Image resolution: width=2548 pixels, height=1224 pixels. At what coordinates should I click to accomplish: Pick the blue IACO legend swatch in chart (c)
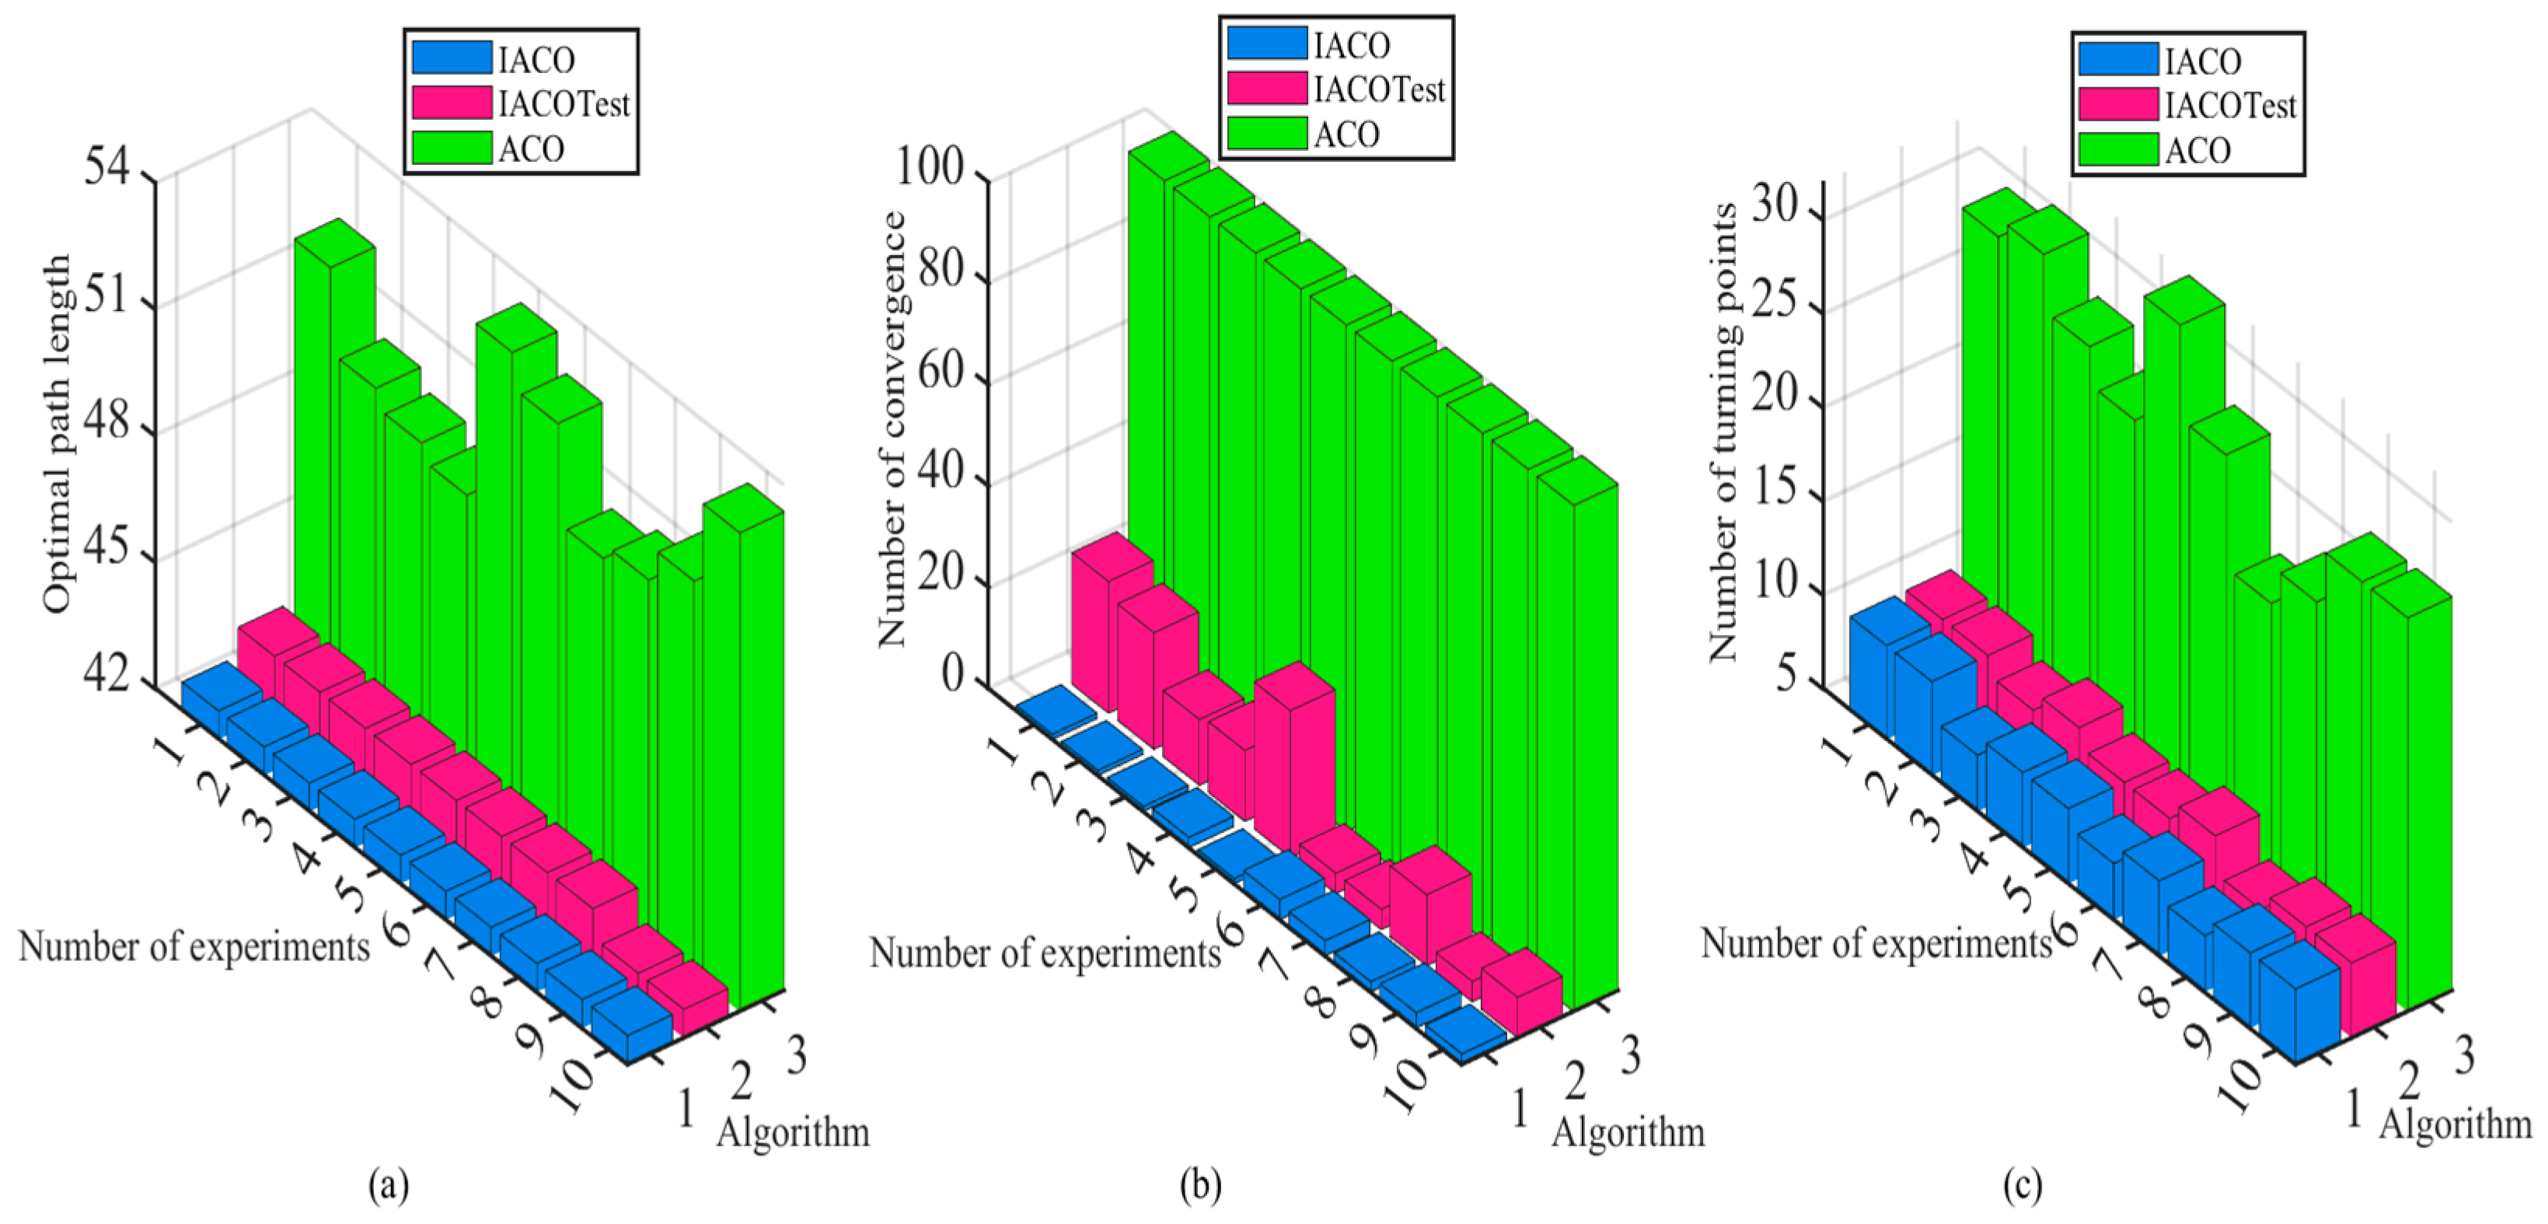pos(2117,59)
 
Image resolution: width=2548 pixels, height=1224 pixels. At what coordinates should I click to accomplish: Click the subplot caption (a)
pos(388,1184)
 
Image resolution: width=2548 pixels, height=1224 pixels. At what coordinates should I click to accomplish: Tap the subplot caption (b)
pos(1200,1184)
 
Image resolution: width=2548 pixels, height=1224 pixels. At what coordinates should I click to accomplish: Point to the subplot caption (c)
pos(2022,1184)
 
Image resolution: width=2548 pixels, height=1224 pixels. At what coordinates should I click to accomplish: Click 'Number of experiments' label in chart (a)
pos(194,947)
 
